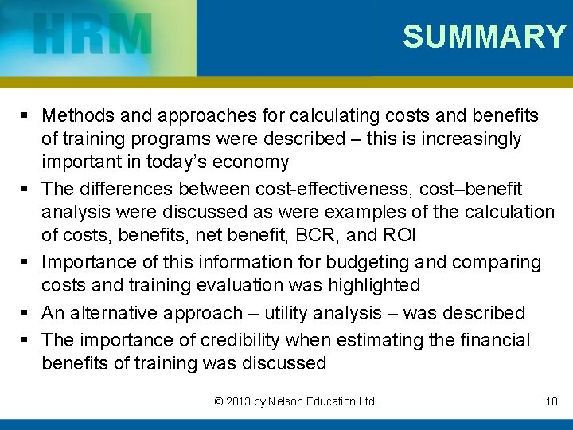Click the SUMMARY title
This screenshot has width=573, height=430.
[x=484, y=37]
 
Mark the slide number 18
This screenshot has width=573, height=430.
[x=552, y=401]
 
